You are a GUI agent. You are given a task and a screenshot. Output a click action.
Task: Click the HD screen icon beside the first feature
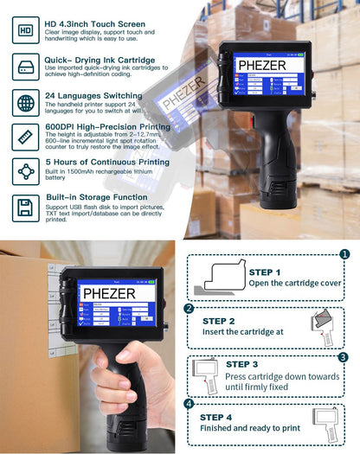(26, 32)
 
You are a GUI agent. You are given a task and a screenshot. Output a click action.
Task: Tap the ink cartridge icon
(26, 67)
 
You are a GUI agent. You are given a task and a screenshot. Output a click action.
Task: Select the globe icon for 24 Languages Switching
(26, 103)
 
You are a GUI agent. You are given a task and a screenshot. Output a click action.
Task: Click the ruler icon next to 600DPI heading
(26, 136)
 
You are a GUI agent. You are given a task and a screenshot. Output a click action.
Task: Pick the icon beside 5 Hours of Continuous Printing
(26, 171)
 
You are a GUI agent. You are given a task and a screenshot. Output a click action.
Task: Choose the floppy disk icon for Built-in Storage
(26, 207)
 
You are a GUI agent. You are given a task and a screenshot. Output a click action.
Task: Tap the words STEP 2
(220, 321)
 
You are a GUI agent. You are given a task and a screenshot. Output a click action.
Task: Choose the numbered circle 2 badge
(189, 309)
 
